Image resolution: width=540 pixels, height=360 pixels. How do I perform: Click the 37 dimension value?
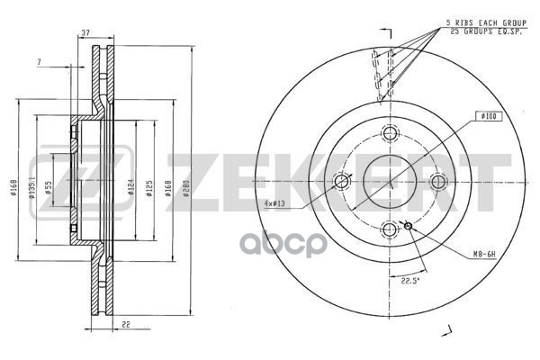pyautogui.click(x=85, y=33)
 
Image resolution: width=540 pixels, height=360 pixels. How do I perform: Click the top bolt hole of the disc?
pyautogui.click(x=390, y=134)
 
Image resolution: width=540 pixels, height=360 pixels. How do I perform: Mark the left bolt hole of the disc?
pyautogui.click(x=342, y=182)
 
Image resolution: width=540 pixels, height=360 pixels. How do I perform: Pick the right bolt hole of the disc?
pyautogui.click(x=437, y=182)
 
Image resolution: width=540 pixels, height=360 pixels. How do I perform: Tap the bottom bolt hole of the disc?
pyautogui.click(x=390, y=229)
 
